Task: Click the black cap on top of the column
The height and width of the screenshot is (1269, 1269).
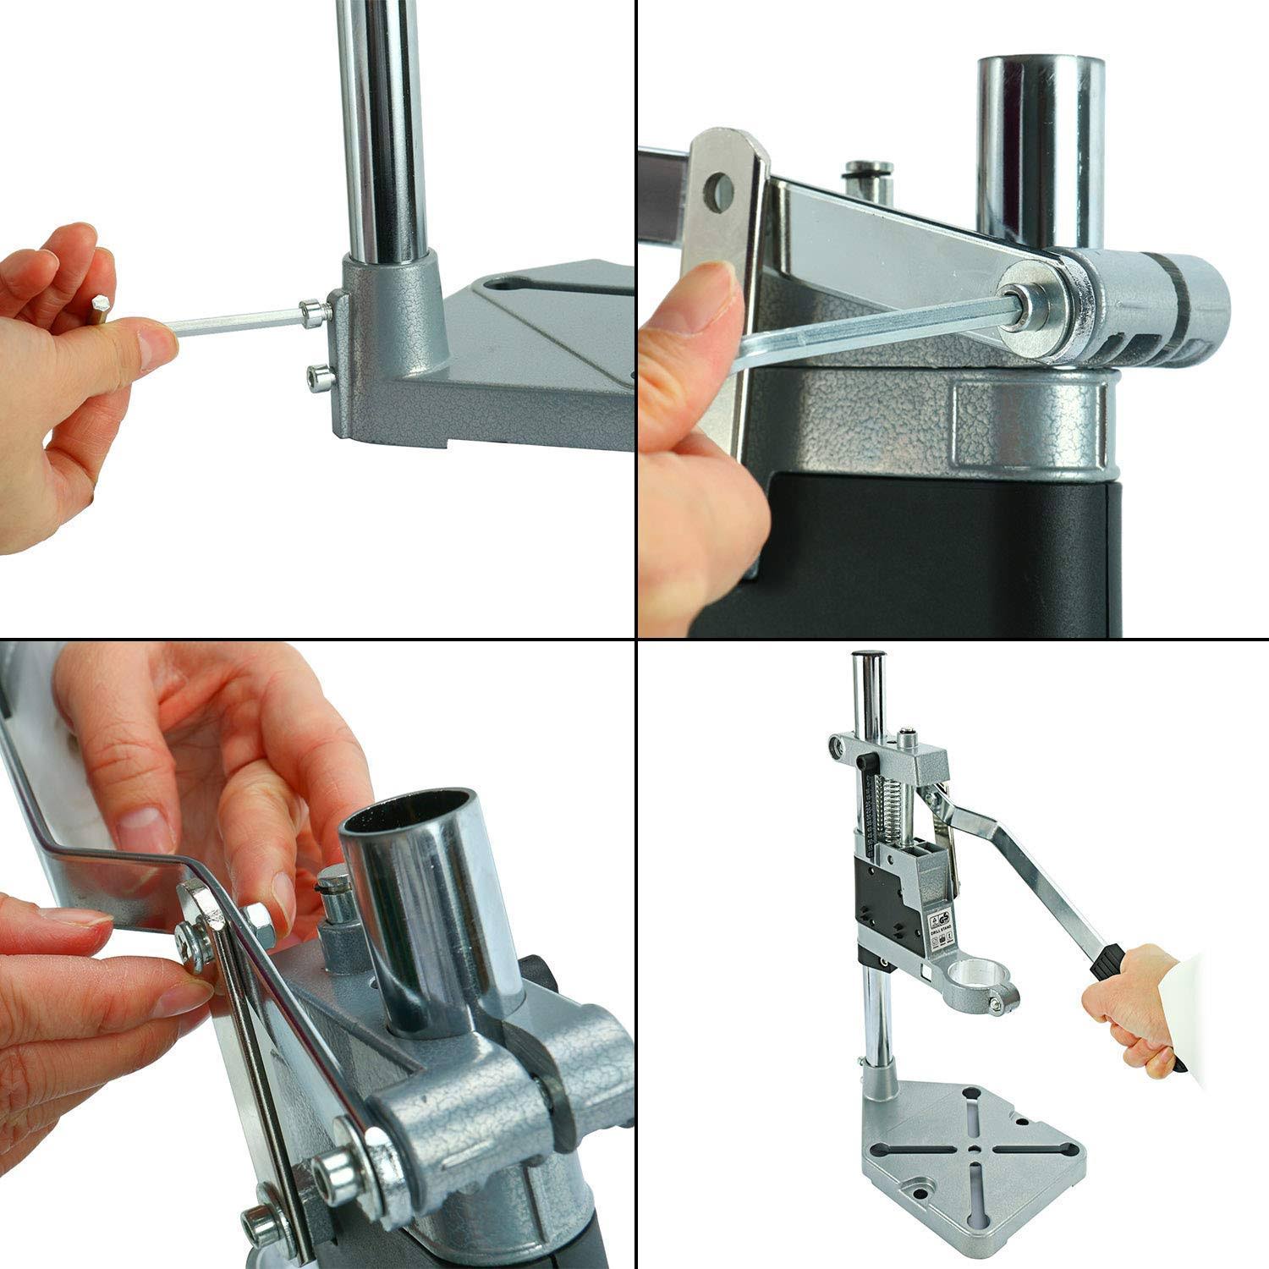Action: pos(871,655)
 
